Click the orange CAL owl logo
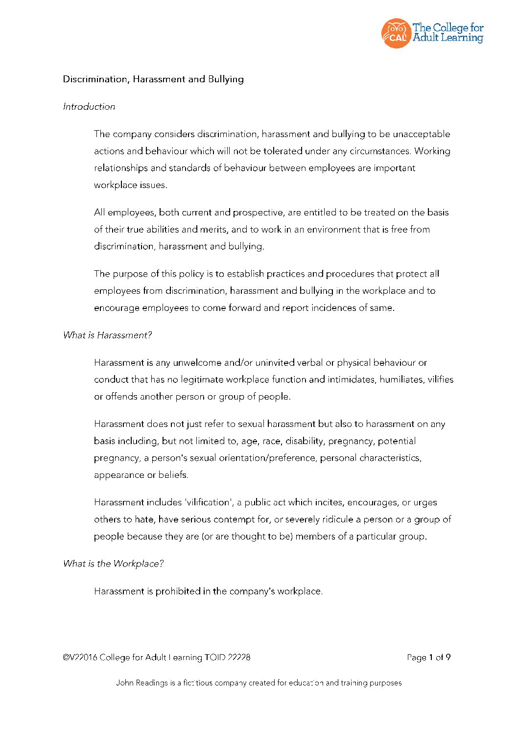(396, 33)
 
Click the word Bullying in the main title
(226, 79)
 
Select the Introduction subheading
(89, 107)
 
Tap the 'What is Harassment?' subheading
(107, 335)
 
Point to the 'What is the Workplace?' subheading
(113, 564)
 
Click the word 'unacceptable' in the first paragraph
(421, 134)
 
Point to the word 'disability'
(304, 441)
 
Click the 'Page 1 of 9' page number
(428, 658)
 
